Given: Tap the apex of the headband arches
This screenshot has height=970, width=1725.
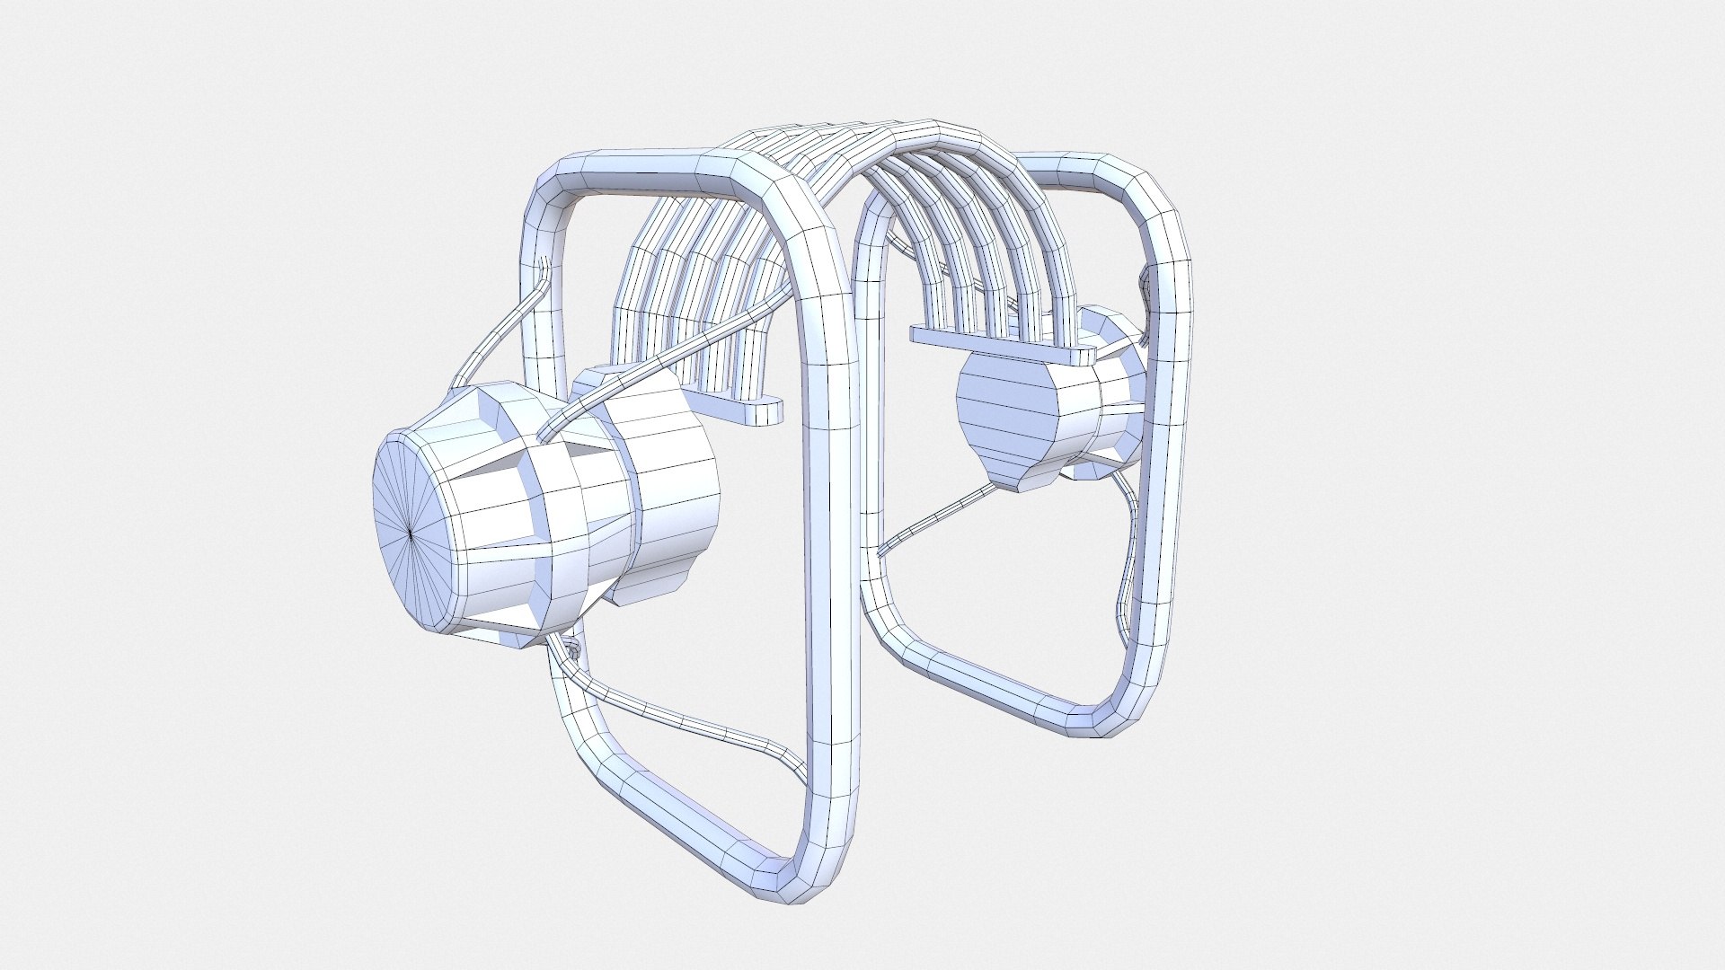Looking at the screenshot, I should click(862, 135).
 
